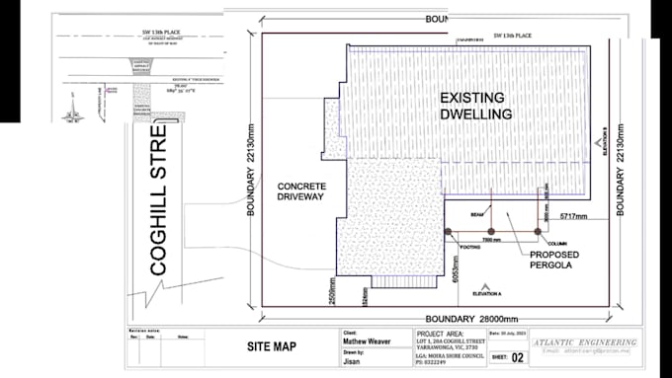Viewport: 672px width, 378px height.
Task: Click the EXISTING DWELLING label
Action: pyautogui.click(x=475, y=106)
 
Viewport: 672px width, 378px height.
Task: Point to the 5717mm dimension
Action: pyautogui.click(x=573, y=216)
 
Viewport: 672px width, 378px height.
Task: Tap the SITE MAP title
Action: pyautogui.click(x=272, y=346)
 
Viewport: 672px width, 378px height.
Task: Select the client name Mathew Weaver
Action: pyautogui.click(x=368, y=342)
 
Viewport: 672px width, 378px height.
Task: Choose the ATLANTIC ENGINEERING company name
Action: pyautogui.click(x=585, y=342)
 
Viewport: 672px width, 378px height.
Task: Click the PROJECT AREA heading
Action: pyautogui.click(x=442, y=334)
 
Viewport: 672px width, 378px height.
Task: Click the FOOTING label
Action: pyautogui.click(x=469, y=247)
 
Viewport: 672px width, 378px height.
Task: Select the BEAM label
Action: pyautogui.click(x=476, y=214)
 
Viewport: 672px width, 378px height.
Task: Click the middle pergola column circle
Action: pyautogui.click(x=491, y=231)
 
